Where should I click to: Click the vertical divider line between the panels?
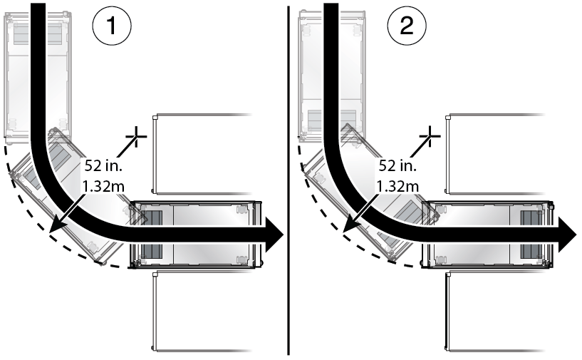click(x=289, y=178)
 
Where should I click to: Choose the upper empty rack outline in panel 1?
click(x=203, y=153)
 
